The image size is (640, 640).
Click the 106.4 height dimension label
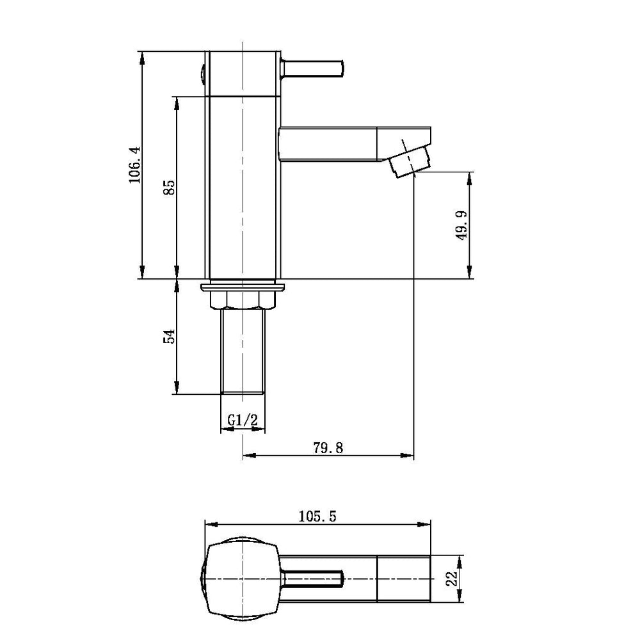pos(134,165)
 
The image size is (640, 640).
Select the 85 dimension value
pos(170,188)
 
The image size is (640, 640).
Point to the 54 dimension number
pos(169,336)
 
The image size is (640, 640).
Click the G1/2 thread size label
pos(243,420)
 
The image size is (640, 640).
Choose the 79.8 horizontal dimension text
pos(328,448)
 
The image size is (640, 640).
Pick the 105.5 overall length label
pos(317,516)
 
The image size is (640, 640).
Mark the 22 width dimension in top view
pos(451,579)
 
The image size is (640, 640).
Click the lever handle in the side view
pos(313,68)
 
